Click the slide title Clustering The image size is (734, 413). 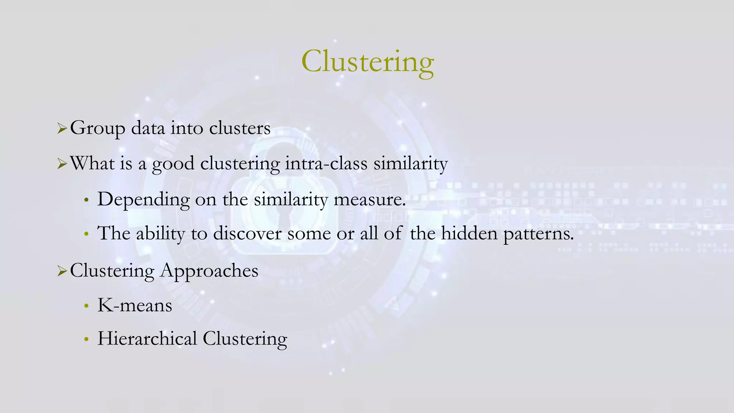pyautogui.click(x=367, y=62)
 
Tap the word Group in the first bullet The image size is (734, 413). pyautogui.click(x=97, y=128)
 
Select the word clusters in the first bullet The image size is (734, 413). pyautogui.click(x=240, y=128)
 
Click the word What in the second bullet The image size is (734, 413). pyautogui.click(x=92, y=163)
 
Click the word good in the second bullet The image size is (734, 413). pyautogui.click(x=173, y=164)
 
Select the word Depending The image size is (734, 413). pyautogui.click(x=143, y=200)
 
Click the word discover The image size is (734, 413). pyautogui.click(x=247, y=233)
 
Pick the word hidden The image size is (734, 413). pyautogui.click(x=469, y=233)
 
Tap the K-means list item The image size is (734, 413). pyautogui.click(x=135, y=305)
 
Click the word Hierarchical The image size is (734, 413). pyautogui.click(x=147, y=338)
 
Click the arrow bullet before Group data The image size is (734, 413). pyautogui.click(x=62, y=129)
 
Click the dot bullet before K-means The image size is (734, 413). pyautogui.click(x=86, y=306)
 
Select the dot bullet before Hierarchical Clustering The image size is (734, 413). pyautogui.click(x=86, y=339)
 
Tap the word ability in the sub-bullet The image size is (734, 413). pyautogui.click(x=160, y=234)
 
